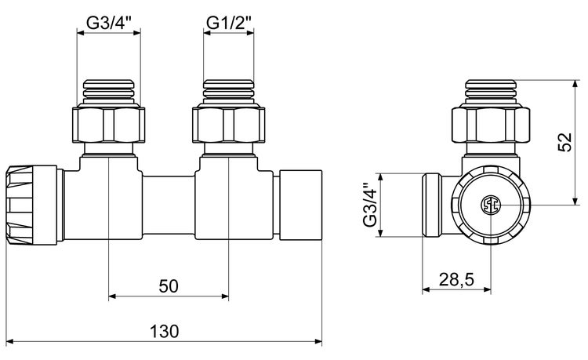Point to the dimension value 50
(x=168, y=286)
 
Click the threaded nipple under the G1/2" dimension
(x=229, y=92)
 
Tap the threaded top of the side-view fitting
(x=491, y=91)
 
